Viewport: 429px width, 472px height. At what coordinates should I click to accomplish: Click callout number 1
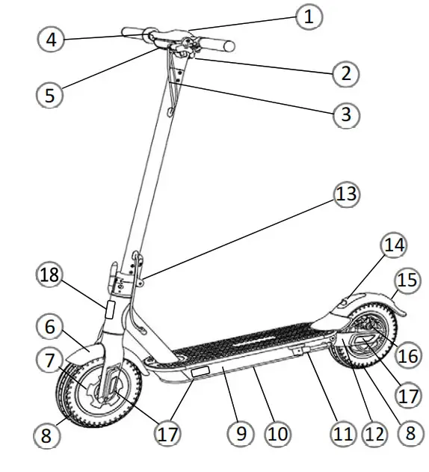point(308,16)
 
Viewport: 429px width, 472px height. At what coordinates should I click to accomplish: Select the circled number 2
point(345,73)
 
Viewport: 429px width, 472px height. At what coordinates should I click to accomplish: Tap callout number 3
point(345,114)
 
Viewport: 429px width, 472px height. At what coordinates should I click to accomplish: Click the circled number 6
point(50,327)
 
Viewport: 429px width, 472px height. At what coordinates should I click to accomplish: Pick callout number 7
point(50,361)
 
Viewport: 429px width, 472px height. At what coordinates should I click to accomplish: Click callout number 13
point(345,195)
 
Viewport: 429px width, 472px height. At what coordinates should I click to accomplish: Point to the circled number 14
point(393,245)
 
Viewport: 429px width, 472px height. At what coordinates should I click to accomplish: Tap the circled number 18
point(50,275)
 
